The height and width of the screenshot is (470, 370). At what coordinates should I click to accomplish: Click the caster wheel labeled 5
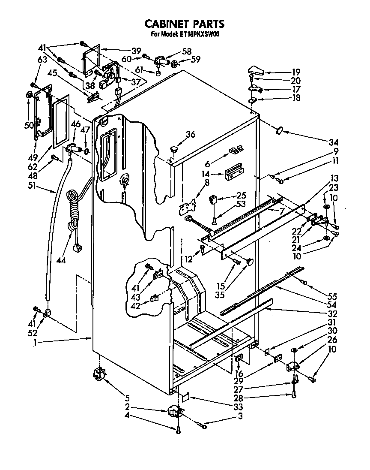tap(98, 375)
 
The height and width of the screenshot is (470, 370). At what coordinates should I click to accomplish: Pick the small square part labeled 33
tap(185, 398)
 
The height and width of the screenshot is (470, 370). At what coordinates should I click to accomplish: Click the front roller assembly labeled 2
tap(176, 413)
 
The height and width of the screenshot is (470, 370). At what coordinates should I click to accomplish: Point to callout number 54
tap(332, 304)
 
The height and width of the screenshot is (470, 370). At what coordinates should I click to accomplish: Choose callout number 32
tap(332, 313)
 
